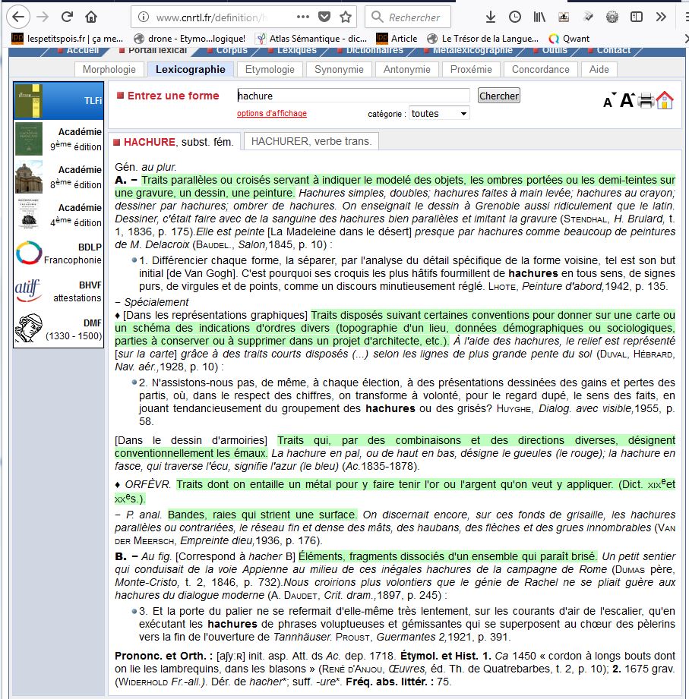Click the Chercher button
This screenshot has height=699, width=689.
(498, 96)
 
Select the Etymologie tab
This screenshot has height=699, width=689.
(270, 69)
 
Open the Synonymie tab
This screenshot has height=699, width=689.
(339, 69)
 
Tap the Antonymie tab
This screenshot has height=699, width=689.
(406, 69)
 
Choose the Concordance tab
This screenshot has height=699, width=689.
(540, 69)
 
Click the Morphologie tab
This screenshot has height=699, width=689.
(109, 69)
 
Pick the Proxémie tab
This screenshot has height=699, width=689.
(471, 69)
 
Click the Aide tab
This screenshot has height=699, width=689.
(599, 69)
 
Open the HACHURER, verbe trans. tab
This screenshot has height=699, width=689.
(311, 141)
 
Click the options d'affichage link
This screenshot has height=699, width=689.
(272, 114)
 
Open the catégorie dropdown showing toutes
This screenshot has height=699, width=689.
(439, 113)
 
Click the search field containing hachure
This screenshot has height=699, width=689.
(353, 96)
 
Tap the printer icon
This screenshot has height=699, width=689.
(646, 100)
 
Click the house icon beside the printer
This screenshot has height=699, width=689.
(665, 100)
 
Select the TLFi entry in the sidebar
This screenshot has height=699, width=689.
(58, 100)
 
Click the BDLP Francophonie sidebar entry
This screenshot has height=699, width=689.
(58, 253)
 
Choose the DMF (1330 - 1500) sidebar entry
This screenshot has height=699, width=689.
(58, 329)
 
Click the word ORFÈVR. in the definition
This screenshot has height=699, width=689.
(148, 484)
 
